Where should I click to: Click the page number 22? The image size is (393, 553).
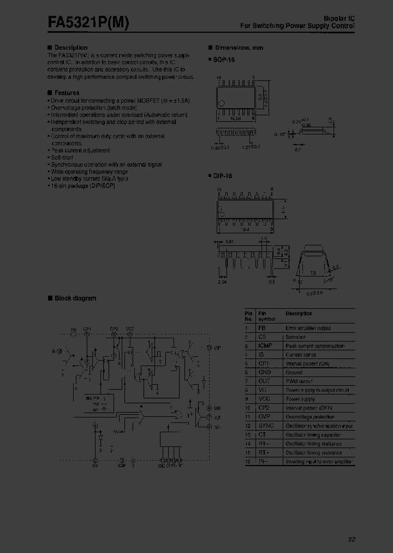352,540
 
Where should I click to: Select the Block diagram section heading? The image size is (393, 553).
75,298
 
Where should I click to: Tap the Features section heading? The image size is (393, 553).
67,93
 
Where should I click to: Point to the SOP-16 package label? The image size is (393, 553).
223,60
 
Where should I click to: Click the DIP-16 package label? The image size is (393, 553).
223,176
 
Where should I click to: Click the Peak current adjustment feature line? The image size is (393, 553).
80,150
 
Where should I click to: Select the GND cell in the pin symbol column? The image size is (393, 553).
265,373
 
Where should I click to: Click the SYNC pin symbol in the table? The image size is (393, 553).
266,426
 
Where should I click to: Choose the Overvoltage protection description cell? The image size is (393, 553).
311,417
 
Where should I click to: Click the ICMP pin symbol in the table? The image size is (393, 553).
266,346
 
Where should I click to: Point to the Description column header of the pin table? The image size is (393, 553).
299,314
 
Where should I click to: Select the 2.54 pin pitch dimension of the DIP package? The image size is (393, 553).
222,283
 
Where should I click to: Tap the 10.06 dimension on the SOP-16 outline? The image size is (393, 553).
236,117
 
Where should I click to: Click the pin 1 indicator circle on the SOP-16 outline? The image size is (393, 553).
222,104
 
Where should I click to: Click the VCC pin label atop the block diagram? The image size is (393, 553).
130,328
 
